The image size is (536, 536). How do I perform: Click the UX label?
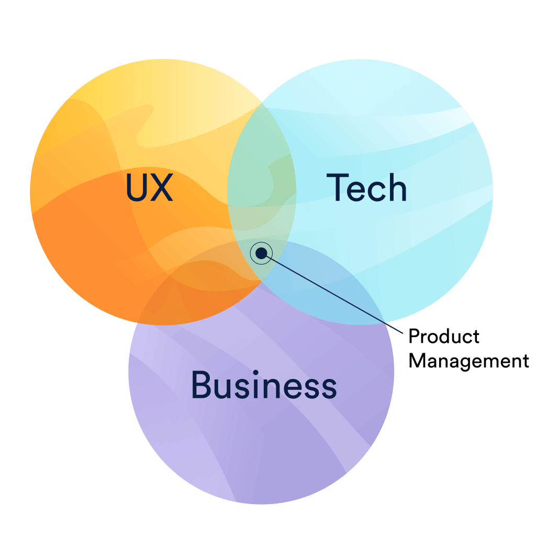coord(149,187)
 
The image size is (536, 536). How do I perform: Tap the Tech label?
coord(366,187)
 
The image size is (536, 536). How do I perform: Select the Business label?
coord(264,385)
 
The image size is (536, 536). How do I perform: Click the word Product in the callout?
coord(444,337)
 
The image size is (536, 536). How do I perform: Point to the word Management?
coord(468,362)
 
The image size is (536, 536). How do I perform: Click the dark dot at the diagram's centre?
coord(261,253)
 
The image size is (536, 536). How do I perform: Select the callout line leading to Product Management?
coord(334,294)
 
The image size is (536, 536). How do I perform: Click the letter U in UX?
coord(137,188)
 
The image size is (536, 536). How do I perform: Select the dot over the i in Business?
coord(255,372)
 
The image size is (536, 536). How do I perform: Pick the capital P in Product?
coord(415,337)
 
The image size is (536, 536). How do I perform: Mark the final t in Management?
coord(526,361)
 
